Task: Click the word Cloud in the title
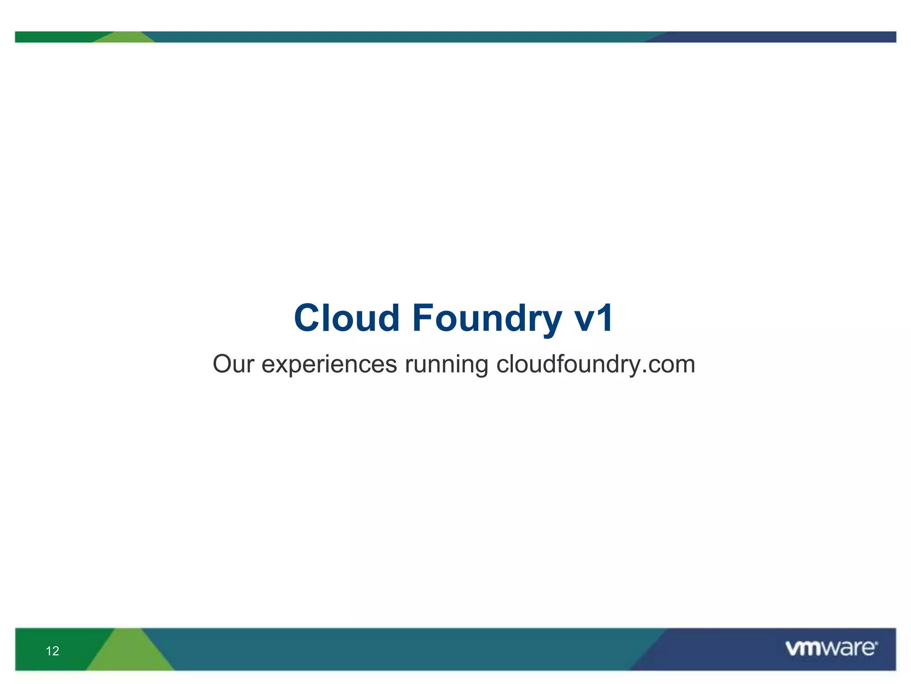(x=347, y=318)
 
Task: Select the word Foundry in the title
(x=487, y=318)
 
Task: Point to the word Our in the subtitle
(x=233, y=364)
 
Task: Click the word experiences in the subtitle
(x=329, y=365)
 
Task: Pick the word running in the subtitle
(x=446, y=365)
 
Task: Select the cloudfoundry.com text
(x=596, y=364)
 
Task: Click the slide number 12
(x=52, y=651)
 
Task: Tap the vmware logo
(x=830, y=648)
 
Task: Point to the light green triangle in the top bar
(x=125, y=38)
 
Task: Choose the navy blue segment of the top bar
(x=778, y=37)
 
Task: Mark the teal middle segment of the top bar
(x=400, y=37)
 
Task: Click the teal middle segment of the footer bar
(x=400, y=649)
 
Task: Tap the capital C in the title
(x=310, y=318)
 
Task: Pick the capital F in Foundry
(x=423, y=318)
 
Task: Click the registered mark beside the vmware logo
(x=876, y=643)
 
